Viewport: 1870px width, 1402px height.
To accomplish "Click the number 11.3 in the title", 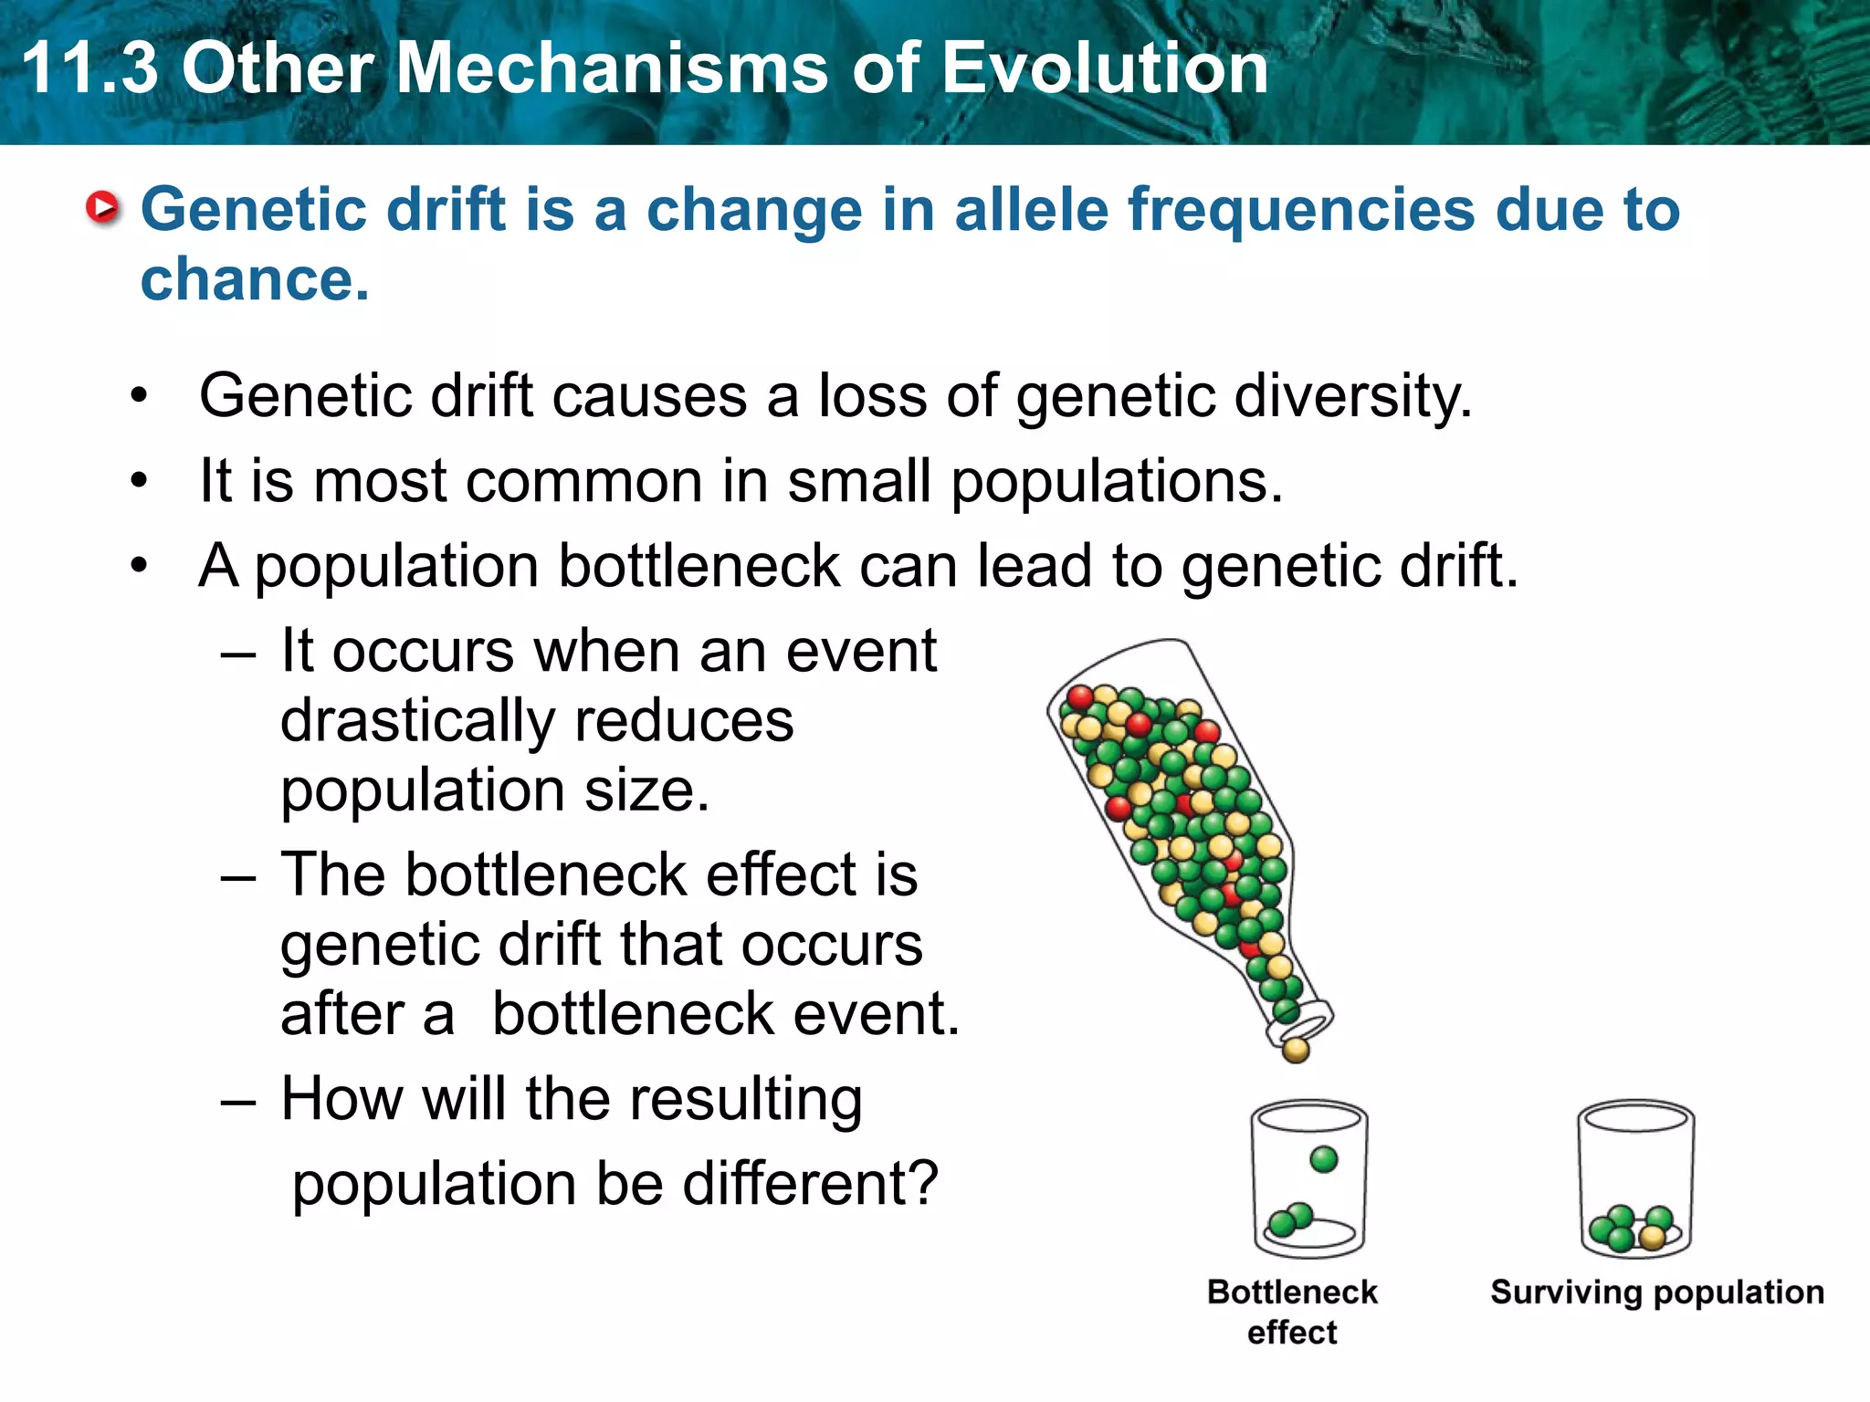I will pos(89,68).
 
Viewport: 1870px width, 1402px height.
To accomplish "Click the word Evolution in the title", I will pos(1104,68).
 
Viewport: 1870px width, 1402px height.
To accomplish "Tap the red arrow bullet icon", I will pos(102,208).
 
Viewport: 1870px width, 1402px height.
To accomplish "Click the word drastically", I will pos(416,721).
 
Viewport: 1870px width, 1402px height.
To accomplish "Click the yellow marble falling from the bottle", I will pos(1296,1051).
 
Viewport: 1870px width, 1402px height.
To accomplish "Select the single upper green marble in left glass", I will pos(1323,1159).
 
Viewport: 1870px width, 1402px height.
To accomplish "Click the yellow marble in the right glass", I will pos(1651,1238).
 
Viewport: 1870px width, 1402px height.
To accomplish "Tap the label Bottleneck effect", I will pos(1292,1312).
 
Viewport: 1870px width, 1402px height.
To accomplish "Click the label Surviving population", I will pos(1656,1292).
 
